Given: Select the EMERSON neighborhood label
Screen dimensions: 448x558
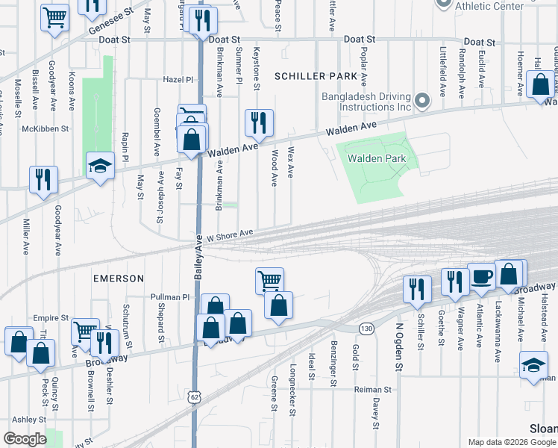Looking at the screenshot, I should tap(119, 278).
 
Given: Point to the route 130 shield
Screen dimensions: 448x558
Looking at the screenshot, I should tap(366, 328).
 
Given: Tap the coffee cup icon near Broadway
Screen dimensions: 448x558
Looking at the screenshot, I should tap(481, 276).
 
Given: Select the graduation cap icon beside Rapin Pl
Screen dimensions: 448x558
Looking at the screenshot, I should tap(100, 166).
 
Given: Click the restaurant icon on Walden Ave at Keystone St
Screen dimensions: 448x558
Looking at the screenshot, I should tap(259, 122).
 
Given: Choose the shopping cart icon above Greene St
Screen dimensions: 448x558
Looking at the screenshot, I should tap(269, 281).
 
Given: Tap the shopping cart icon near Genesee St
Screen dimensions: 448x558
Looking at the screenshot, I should tap(55, 16).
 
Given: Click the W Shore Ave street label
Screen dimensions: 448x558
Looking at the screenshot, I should tap(231, 234).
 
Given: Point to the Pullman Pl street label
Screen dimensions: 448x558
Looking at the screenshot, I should tap(170, 296).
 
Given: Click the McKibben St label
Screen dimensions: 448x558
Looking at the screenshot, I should tap(46, 128).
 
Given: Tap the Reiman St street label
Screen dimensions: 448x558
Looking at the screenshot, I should tap(372, 390).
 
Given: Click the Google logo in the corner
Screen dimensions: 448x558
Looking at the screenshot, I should tap(25, 439).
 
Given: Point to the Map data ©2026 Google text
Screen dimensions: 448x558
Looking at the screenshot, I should tap(510, 442).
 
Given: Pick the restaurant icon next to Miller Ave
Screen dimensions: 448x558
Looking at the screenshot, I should tap(43, 180).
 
